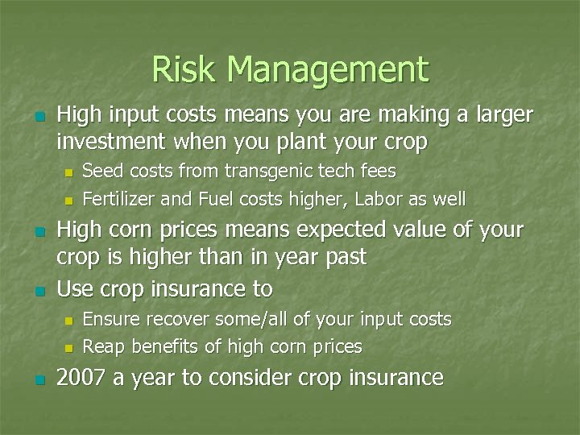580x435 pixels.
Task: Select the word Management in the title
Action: click(x=328, y=71)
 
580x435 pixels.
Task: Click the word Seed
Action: click(x=101, y=171)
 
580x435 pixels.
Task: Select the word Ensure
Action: click(x=109, y=319)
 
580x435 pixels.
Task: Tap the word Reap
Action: click(x=101, y=346)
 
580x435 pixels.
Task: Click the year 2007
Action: click(x=82, y=377)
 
